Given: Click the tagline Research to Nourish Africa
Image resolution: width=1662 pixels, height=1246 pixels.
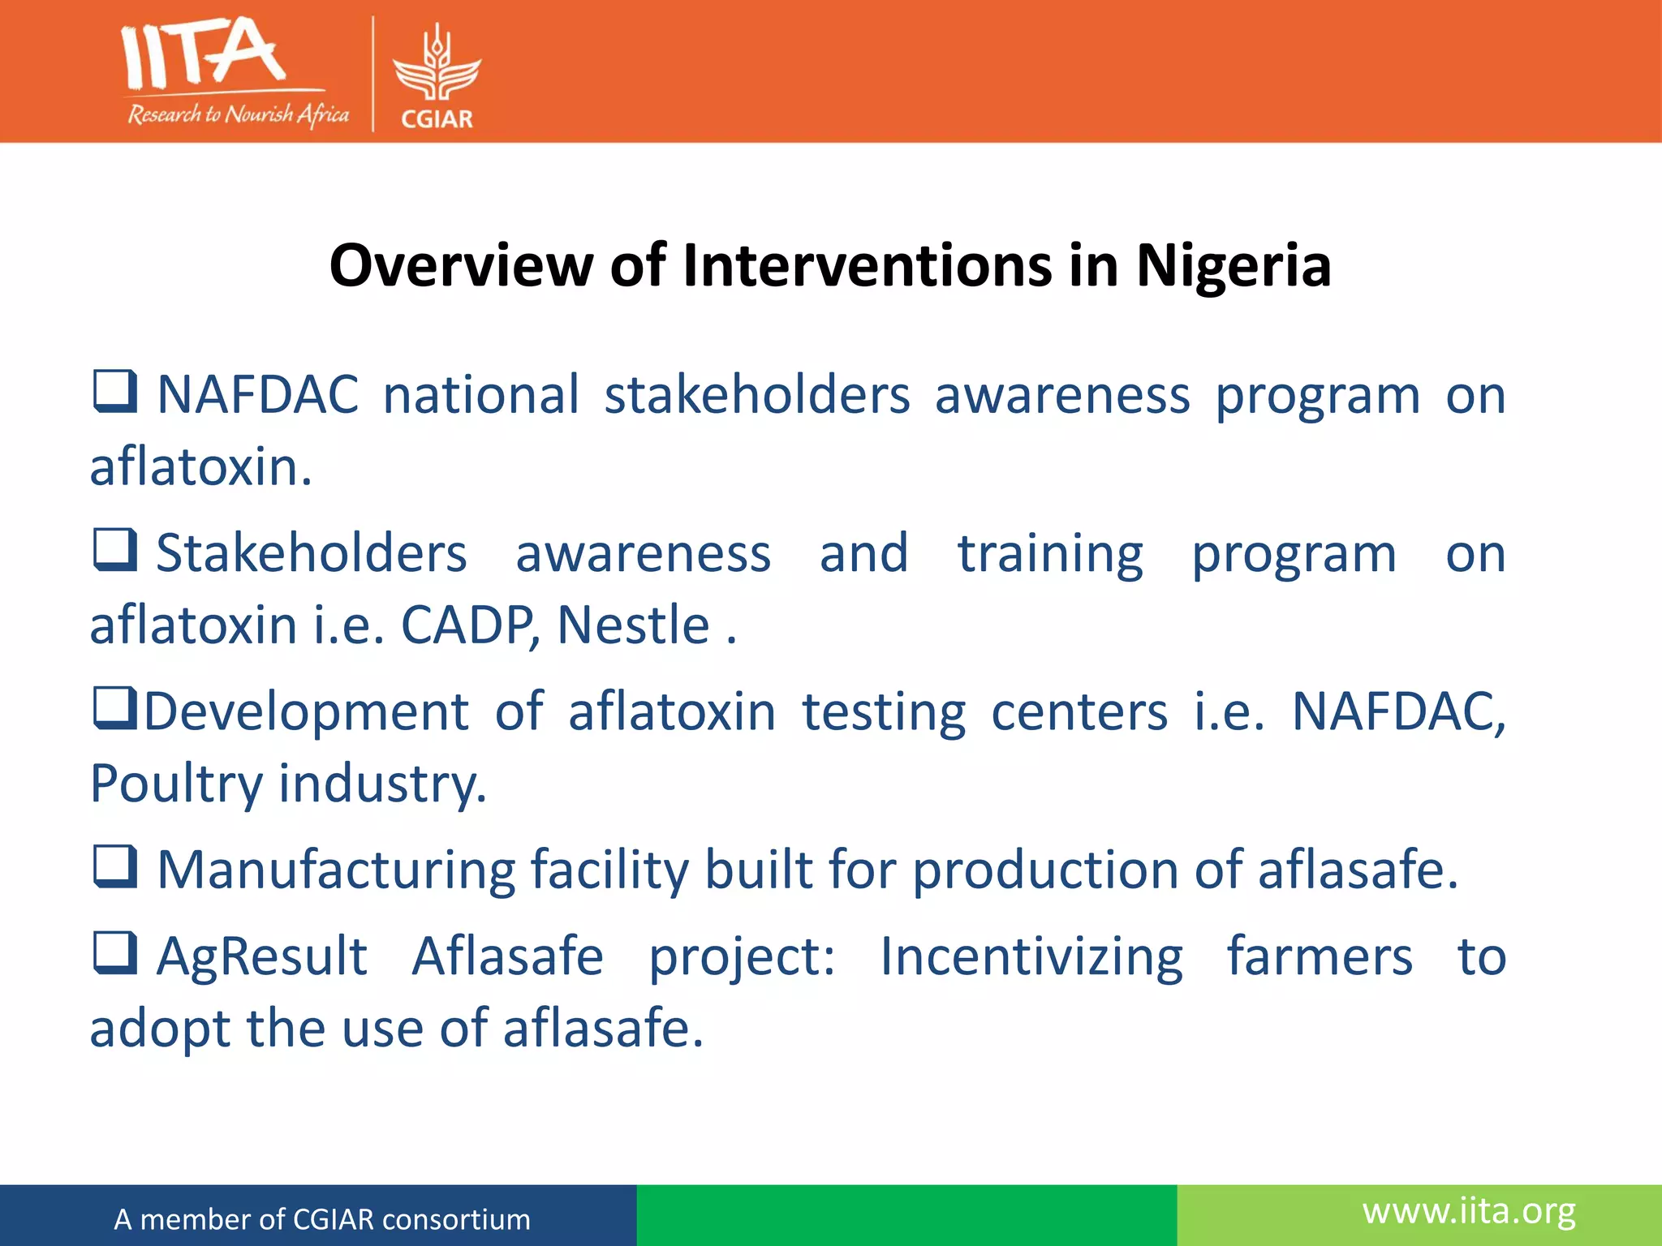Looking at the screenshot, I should point(238,114).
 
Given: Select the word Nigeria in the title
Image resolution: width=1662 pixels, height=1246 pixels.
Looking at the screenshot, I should point(1233,266).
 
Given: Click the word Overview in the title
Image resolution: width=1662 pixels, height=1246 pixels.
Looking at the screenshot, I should point(460,266).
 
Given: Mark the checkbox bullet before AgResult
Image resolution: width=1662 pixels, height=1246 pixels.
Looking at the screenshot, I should point(114,952).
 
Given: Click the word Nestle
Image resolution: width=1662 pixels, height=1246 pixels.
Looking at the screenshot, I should point(634,625).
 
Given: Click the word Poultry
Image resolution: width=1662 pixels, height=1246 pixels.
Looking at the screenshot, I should point(176,784).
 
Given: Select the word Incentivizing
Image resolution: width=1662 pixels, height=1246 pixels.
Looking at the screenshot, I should point(1031,956).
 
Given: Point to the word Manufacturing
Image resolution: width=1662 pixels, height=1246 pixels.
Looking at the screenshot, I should point(336,870).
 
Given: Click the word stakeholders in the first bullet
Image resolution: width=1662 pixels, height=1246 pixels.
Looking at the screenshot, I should point(757,395).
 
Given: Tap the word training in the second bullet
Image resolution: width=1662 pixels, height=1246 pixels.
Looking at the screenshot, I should point(1050,554).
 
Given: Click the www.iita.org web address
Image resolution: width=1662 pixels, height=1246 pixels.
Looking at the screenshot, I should point(1469,1211).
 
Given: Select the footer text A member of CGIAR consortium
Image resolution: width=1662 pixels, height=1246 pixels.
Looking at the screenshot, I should point(322,1219).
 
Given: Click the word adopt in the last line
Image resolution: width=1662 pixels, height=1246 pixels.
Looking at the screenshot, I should point(159,1029).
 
